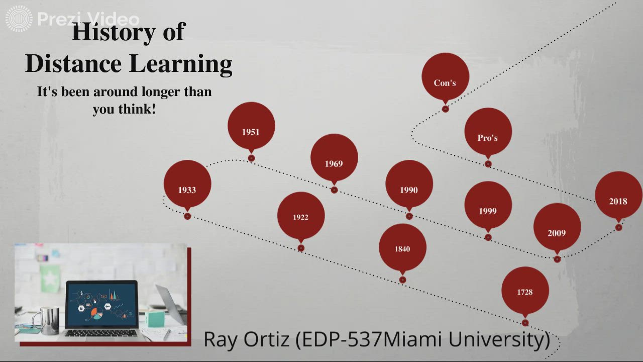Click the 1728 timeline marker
pyautogui.click(x=525, y=291)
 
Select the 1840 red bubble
pyautogui.click(x=402, y=248)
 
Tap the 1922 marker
pyautogui.click(x=300, y=217)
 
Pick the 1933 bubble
pyautogui.click(x=187, y=190)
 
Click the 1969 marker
pyautogui.click(x=334, y=163)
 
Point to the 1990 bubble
pyautogui.click(x=409, y=190)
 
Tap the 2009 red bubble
pyautogui.click(x=557, y=232)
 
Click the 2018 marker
pyautogui.click(x=618, y=201)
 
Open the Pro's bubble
pyautogui.click(x=488, y=137)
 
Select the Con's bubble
pyautogui.click(x=445, y=82)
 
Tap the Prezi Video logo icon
pyautogui.click(x=19, y=19)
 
